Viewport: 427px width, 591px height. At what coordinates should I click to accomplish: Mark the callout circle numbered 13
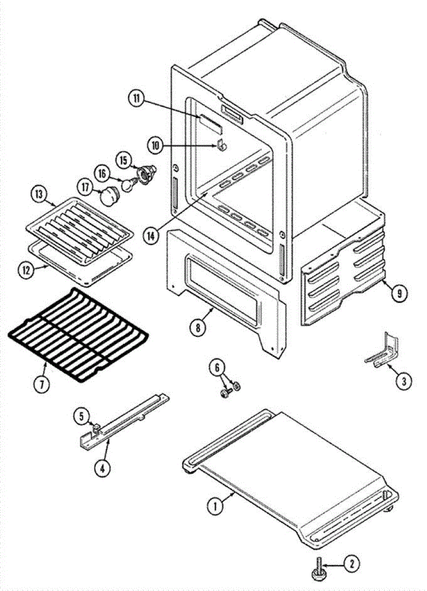pos(37,194)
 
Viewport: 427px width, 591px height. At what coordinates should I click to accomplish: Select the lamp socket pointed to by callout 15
pos(146,173)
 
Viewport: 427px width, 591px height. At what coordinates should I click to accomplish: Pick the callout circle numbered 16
pos(102,174)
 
